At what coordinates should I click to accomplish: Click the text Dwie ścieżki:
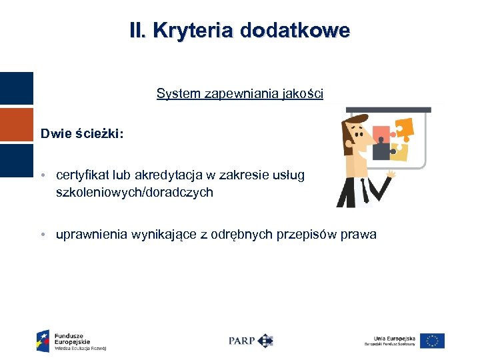pyautogui.click(x=81, y=133)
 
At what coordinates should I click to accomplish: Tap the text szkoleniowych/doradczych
pyautogui.click(x=135, y=192)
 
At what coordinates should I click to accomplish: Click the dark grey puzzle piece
pyautogui.click(x=382, y=151)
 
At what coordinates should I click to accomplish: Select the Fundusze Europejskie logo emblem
pyautogui.click(x=43, y=340)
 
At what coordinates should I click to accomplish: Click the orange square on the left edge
pyautogui.click(x=17, y=125)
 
